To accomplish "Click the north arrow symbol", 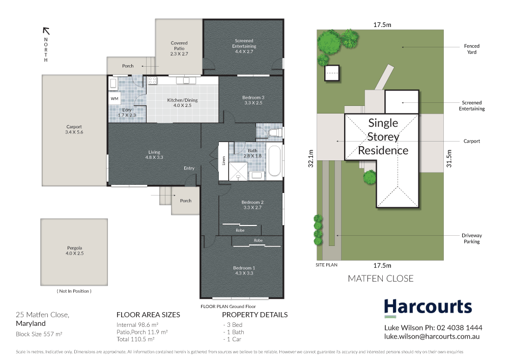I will point(45,31).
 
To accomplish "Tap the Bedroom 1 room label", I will point(243,270).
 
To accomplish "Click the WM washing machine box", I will point(114,98).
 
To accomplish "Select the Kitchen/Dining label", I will point(182,102).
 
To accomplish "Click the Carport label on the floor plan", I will point(74,130).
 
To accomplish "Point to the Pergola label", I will point(74,250).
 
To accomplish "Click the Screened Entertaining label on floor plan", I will point(244,43).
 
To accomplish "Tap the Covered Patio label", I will point(179,48).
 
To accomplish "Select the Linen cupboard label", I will point(223,160).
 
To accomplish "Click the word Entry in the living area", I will point(189,168).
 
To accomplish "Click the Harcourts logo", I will point(428,307).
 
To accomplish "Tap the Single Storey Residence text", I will point(383,136).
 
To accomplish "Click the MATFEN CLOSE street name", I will point(380,279).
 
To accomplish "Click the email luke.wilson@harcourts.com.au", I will point(432,337).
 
